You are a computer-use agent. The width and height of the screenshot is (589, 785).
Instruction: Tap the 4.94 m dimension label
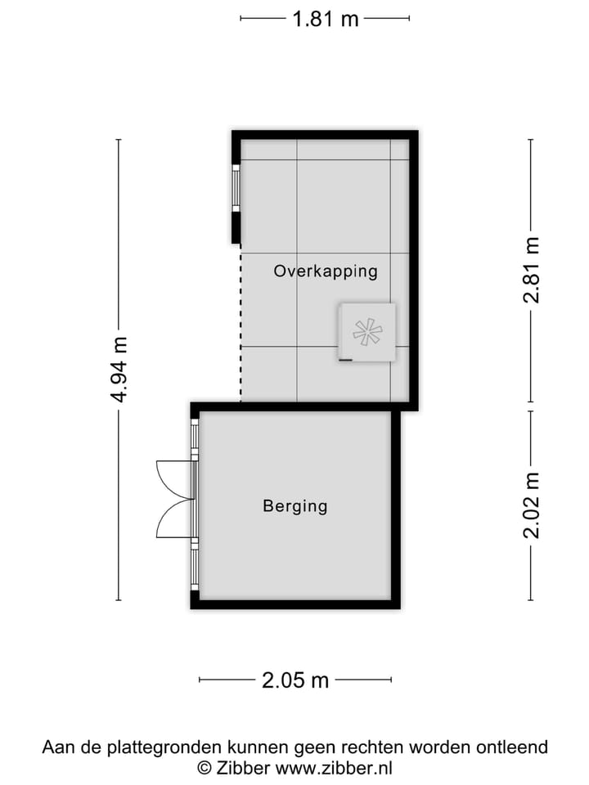tap(119, 370)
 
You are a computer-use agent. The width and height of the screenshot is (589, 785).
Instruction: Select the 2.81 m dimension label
tap(532, 270)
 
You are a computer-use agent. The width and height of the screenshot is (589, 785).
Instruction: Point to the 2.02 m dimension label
tap(532, 505)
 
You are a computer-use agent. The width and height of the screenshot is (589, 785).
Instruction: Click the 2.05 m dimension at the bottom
tap(295, 680)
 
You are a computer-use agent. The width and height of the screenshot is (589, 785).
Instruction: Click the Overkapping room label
tap(326, 271)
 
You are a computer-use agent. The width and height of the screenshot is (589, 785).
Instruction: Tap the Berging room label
tap(294, 506)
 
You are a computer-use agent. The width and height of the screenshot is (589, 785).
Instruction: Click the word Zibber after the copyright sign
tap(242, 768)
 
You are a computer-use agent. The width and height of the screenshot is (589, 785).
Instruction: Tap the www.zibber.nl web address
tap(334, 768)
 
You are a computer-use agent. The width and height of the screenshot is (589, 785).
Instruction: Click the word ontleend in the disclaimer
tap(514, 747)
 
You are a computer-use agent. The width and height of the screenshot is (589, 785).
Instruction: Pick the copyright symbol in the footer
tap(205, 768)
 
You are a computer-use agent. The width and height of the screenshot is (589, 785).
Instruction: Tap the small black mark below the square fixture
tap(345, 360)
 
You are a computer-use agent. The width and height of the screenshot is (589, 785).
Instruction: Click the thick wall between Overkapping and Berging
tap(303, 406)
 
